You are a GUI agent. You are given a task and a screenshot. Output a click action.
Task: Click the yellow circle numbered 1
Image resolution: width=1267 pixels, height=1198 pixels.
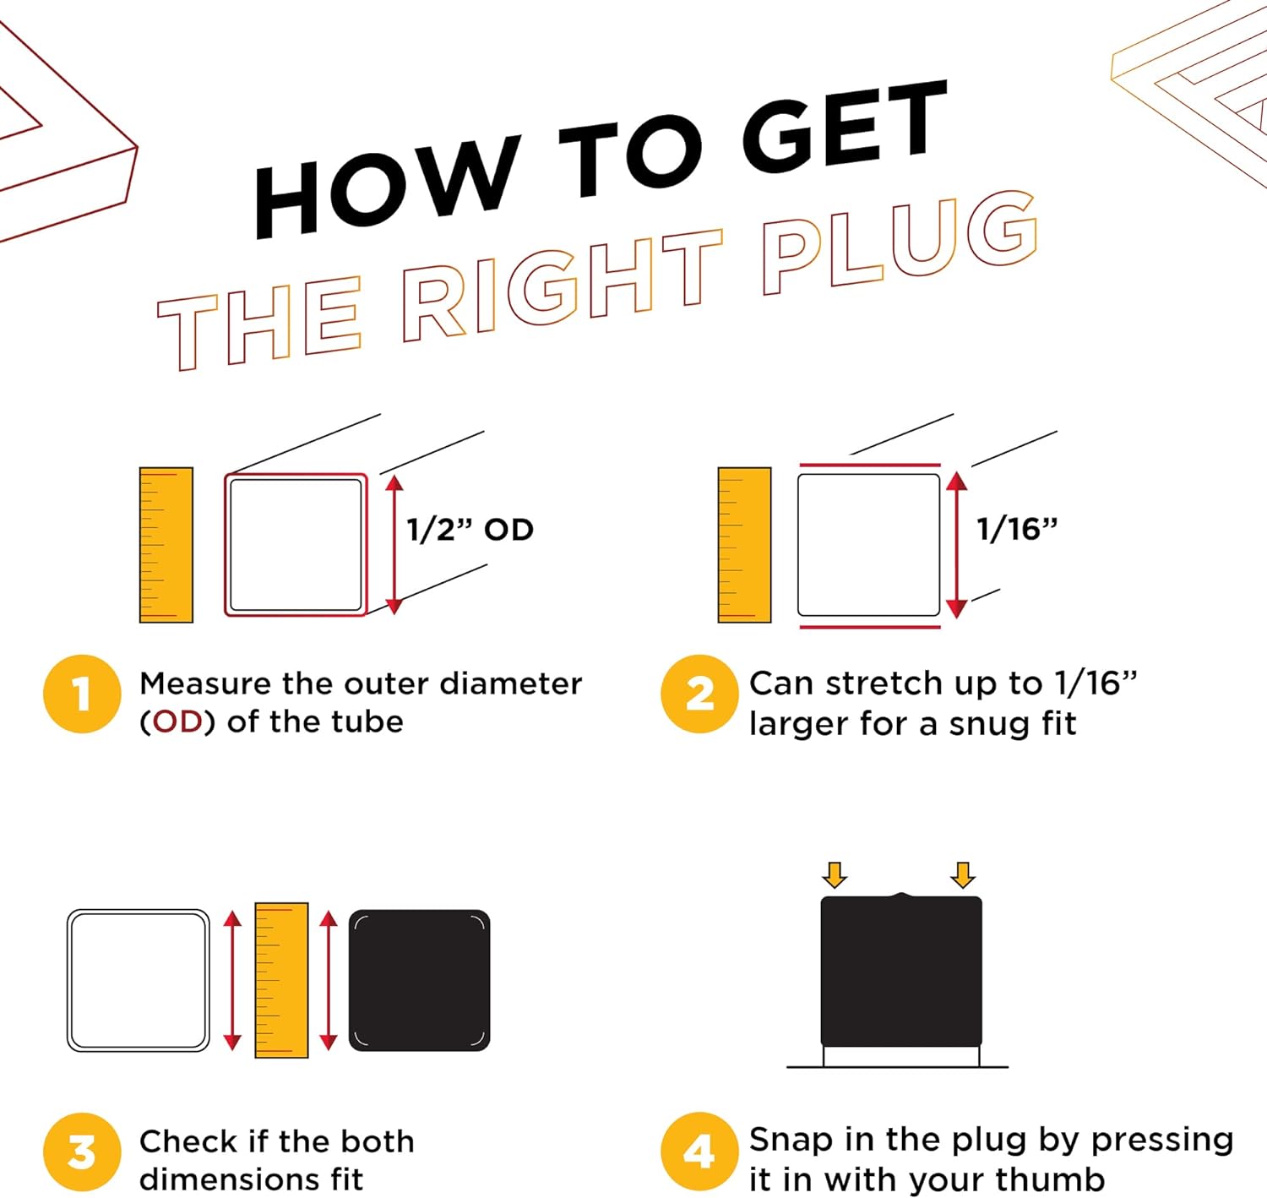82,694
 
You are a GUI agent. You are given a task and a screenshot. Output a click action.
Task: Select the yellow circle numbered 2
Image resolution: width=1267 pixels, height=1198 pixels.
700,694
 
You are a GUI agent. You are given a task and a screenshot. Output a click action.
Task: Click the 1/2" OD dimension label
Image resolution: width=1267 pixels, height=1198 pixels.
470,530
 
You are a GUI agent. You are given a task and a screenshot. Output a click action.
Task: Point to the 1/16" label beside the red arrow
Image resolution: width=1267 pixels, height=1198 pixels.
1017,530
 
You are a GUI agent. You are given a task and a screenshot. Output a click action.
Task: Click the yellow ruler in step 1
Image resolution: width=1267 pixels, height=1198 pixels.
166,545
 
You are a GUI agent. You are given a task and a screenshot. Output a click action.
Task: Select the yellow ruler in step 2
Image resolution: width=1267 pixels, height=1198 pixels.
744,545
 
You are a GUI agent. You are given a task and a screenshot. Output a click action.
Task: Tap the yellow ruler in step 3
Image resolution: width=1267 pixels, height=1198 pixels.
281,980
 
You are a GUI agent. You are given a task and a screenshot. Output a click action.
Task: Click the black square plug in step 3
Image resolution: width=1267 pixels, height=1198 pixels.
420,980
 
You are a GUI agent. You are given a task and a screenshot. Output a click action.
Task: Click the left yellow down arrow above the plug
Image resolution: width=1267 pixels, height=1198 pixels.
835,875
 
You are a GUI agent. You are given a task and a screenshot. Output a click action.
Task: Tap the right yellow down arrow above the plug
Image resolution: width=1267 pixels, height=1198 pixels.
963,875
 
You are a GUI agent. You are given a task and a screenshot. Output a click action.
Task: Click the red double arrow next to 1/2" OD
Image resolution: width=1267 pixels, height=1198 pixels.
394,545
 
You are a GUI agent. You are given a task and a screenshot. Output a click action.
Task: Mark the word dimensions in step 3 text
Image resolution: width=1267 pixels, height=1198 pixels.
229,1179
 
